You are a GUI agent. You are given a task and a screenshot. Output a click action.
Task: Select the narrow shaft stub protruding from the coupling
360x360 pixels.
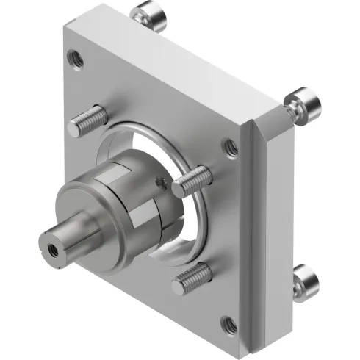pyautogui.click(x=66, y=237)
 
